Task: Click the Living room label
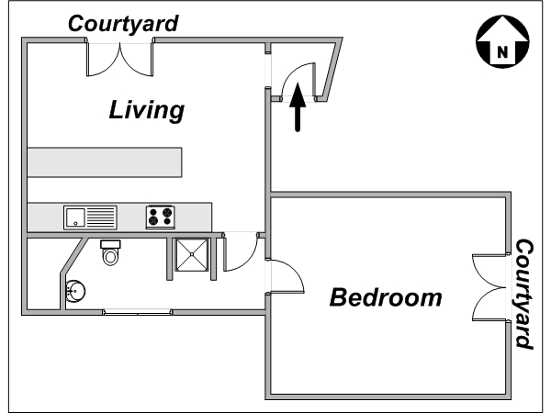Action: (x=147, y=111)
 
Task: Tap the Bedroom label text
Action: (x=386, y=297)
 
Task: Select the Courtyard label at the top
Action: (x=123, y=24)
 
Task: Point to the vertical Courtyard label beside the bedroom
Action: (x=524, y=294)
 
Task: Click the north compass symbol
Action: (x=502, y=41)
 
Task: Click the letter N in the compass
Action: (x=502, y=52)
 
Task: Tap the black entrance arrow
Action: (x=298, y=107)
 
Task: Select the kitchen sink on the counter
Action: (x=90, y=218)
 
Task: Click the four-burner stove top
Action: (x=160, y=217)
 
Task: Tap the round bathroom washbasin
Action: (x=75, y=291)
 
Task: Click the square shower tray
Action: (x=192, y=255)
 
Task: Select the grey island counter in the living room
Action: (x=105, y=162)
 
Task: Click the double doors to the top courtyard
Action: (x=120, y=59)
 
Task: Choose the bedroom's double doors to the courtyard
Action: (x=490, y=287)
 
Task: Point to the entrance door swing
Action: (x=298, y=81)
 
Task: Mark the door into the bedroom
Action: (x=286, y=276)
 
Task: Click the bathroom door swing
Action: (x=242, y=252)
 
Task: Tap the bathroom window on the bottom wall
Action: (x=138, y=312)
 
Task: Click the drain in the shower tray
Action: (x=192, y=254)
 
